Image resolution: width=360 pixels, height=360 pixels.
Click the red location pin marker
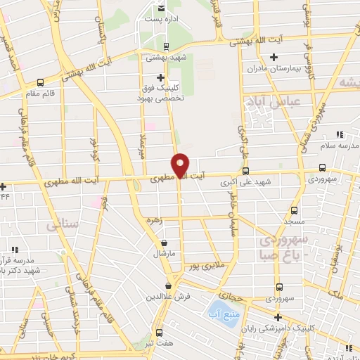(181, 165)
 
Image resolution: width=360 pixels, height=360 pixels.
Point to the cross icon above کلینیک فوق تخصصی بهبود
(160, 77)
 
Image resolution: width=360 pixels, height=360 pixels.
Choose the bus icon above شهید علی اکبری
(245, 171)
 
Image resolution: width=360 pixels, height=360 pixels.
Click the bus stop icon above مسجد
(294, 210)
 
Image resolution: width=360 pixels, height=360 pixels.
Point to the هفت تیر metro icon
(159, 333)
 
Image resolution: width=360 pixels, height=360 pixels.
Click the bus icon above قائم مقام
(39, 82)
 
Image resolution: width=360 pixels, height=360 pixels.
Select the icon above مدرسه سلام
(340, 134)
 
